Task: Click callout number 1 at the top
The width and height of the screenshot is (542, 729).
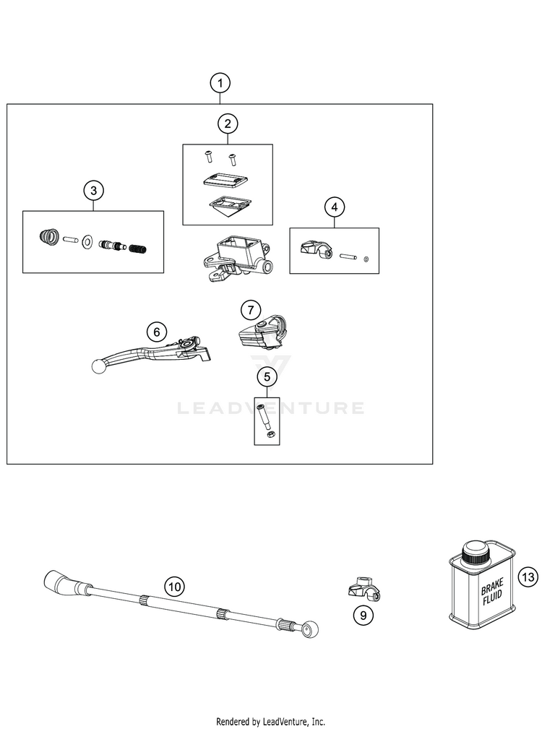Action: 220,83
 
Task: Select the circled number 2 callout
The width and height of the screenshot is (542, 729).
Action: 228,124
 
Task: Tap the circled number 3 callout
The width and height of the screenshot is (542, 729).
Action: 93,191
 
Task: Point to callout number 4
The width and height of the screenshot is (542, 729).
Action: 334,207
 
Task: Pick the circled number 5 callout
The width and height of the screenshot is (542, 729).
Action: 267,376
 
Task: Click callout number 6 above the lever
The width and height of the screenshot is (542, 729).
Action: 155,332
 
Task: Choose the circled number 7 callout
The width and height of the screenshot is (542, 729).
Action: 249,310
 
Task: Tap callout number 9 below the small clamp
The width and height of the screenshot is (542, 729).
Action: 362,616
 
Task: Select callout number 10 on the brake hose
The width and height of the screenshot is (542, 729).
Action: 173,587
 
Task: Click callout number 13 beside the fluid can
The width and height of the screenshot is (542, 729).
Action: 528,577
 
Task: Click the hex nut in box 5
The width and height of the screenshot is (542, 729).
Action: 267,434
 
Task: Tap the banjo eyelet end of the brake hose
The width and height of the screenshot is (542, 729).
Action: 311,629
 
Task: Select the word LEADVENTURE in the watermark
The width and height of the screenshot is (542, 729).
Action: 271,408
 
